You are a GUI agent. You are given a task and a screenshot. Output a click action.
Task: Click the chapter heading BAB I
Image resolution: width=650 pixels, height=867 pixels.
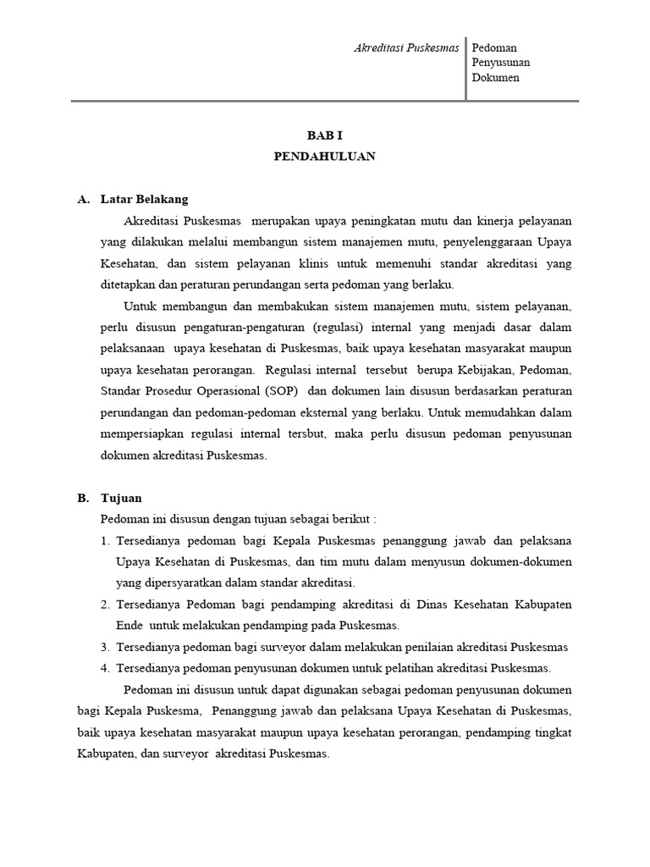coord(325,135)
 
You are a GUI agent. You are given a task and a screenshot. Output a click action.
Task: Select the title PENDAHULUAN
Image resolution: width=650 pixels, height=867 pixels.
coord(325,157)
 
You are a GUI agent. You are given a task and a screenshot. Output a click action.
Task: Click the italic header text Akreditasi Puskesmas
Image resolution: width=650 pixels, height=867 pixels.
coord(406,48)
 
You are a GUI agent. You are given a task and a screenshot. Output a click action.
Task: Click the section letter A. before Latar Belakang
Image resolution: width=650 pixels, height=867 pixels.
coord(83,200)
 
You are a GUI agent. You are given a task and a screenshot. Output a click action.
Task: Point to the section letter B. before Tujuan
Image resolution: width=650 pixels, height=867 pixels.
coord(83,498)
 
